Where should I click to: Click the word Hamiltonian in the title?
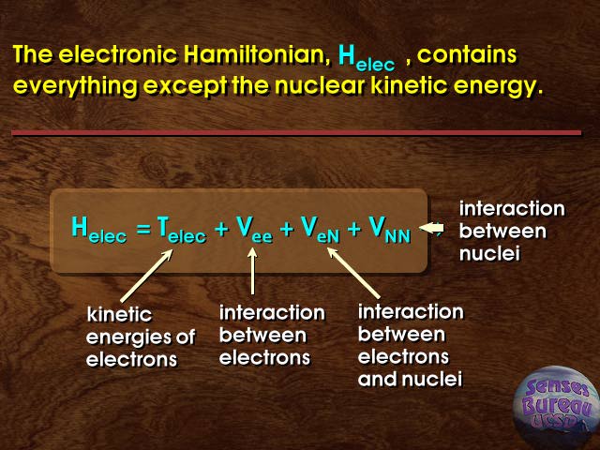256,54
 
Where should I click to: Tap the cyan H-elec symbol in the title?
367,58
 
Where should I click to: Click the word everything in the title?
75,86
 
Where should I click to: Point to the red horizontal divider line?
296,133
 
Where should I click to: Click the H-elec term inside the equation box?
98,230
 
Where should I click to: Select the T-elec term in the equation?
181,230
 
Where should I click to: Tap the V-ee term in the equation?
254,230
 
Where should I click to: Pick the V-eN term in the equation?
320,230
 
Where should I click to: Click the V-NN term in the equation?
390,230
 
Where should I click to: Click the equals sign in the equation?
144,229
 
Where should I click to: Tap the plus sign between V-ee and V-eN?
287,229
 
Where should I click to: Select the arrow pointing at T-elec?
146,276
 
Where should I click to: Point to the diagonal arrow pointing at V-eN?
353,273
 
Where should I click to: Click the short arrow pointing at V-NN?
431,228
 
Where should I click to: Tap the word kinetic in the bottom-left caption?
119,315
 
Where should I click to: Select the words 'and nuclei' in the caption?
411,379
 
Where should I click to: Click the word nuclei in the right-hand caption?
489,254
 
